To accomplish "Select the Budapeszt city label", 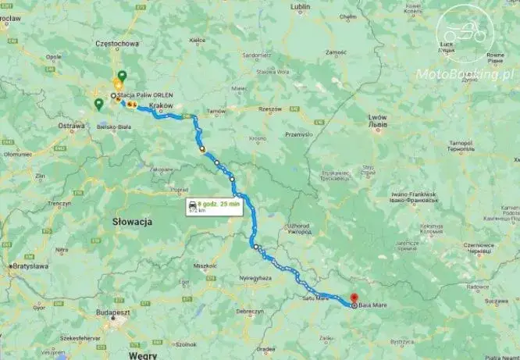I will (112, 311).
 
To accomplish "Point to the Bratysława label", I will (30, 266).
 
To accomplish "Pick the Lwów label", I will (377, 117).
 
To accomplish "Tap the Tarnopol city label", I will (460, 144).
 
